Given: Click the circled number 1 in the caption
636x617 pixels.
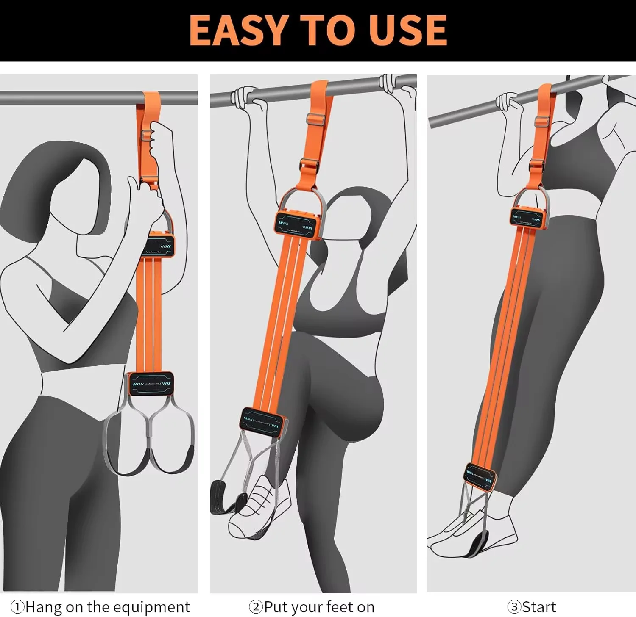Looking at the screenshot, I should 17,607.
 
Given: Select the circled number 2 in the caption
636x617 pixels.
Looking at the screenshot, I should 256,607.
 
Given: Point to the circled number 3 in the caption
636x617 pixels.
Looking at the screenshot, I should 514,607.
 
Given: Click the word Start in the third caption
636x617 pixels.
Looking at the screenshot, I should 539,607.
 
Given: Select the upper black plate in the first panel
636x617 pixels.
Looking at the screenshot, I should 160,245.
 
